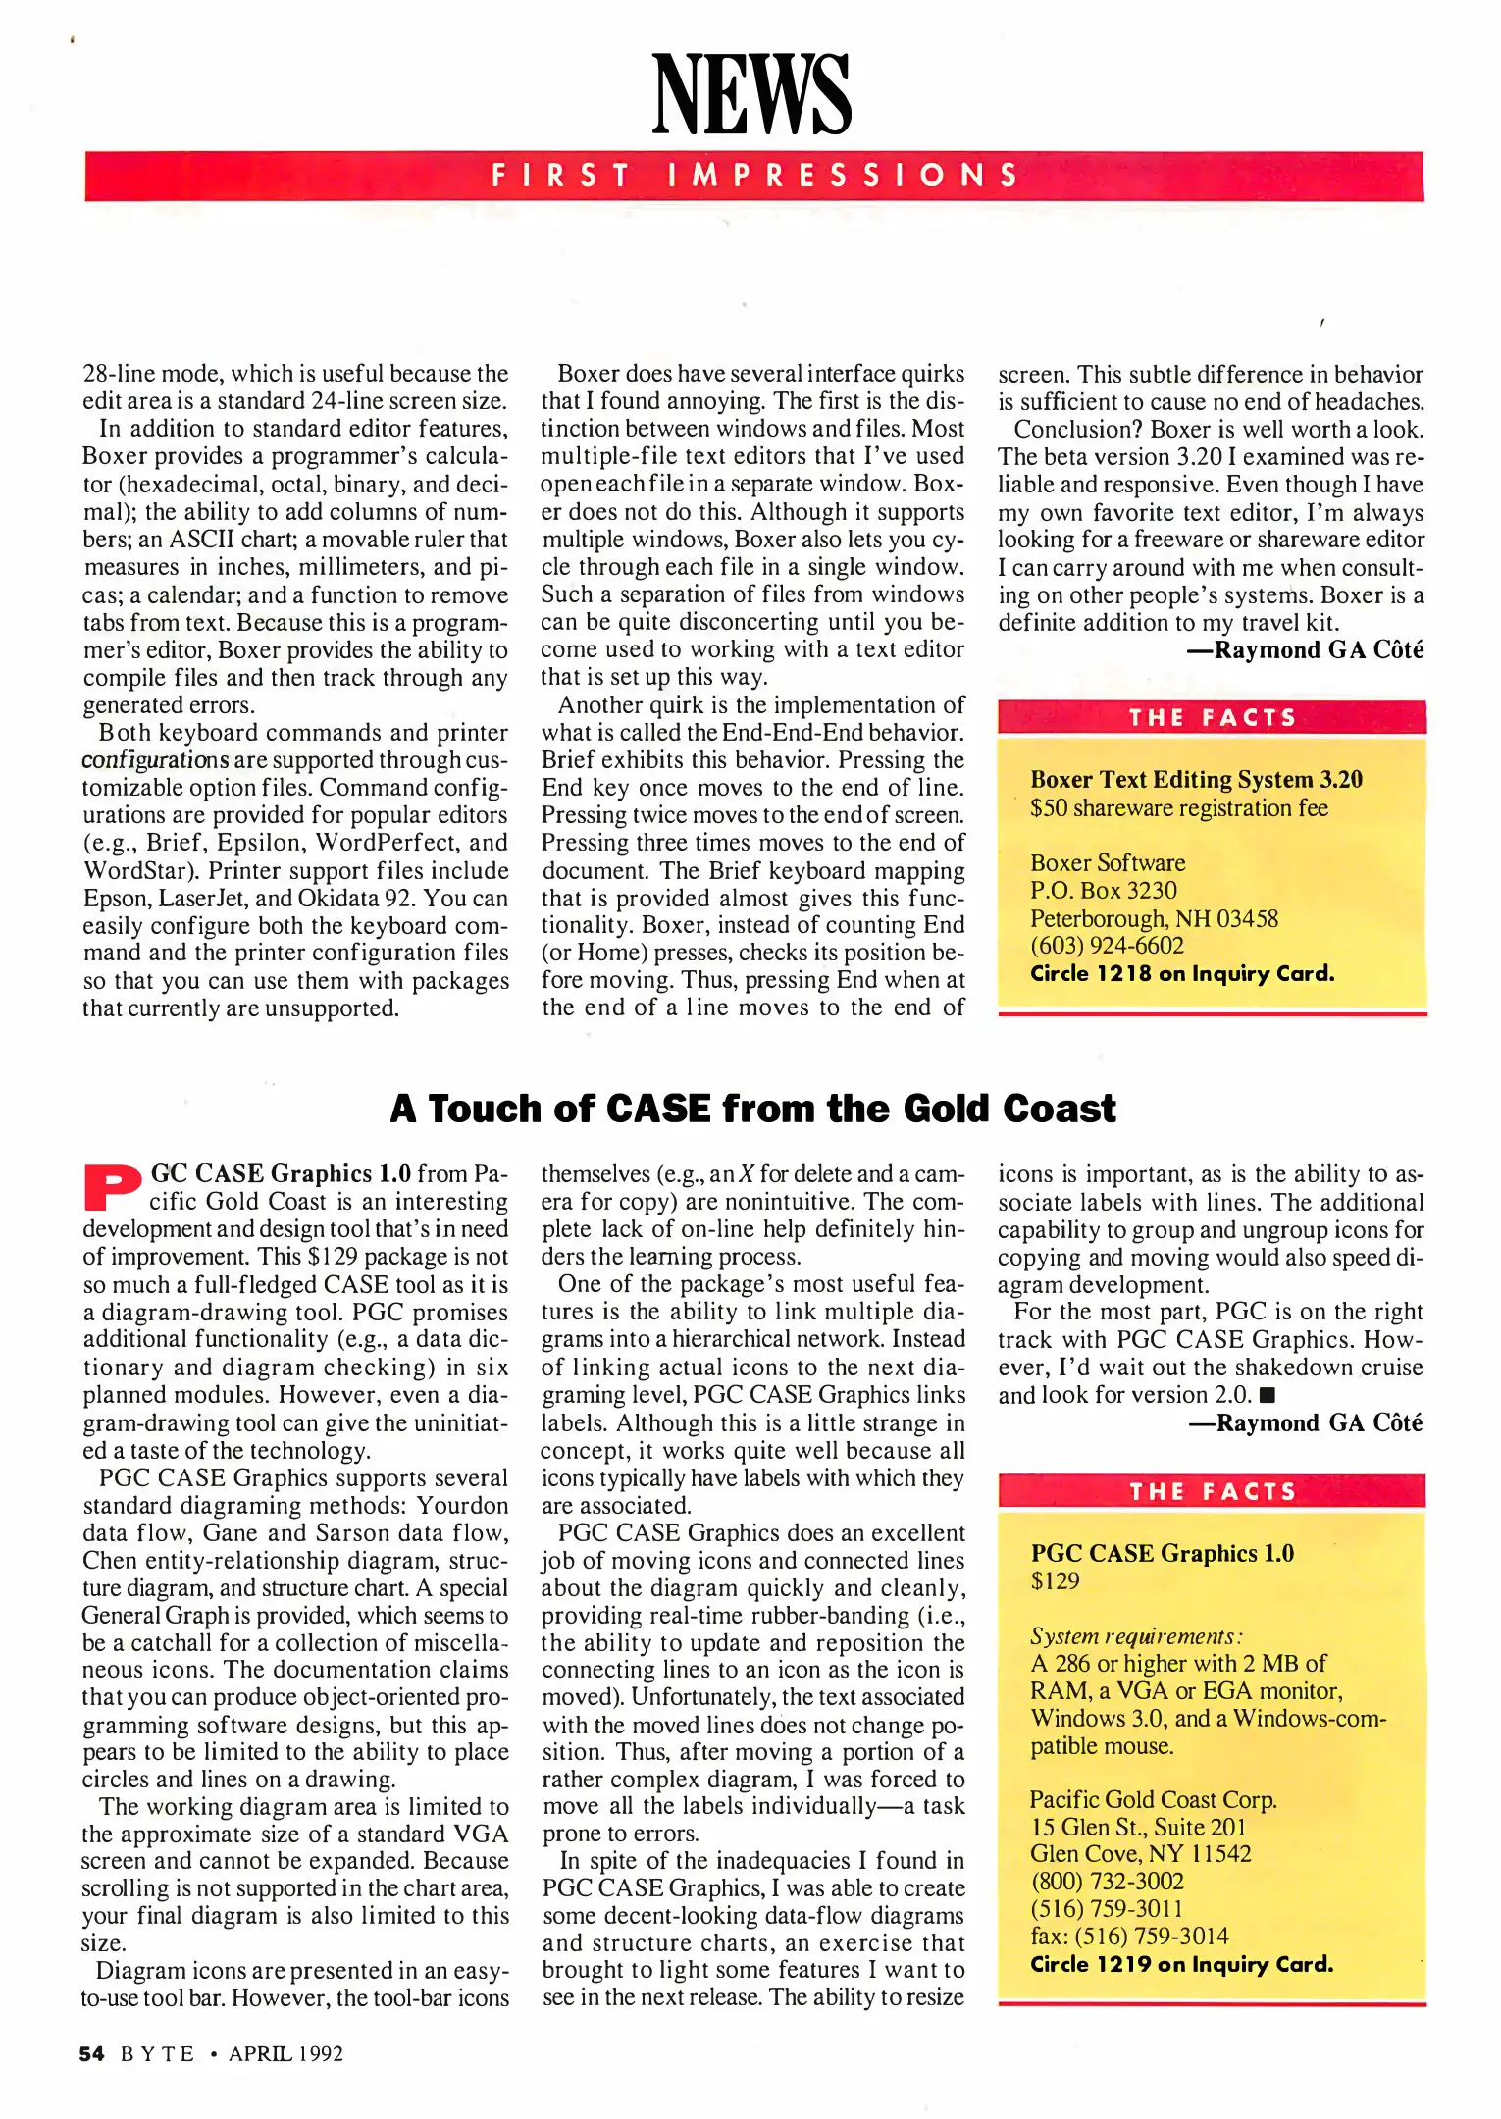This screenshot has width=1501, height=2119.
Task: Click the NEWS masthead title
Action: [x=751, y=95]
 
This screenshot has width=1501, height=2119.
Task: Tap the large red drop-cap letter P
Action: [x=113, y=1188]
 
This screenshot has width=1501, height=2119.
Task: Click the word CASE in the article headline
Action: [x=657, y=1110]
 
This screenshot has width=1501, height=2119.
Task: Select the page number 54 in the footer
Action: [x=91, y=2053]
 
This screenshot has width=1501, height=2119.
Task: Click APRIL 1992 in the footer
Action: [x=285, y=2053]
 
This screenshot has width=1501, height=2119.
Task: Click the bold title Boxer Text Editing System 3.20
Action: [x=1195, y=780]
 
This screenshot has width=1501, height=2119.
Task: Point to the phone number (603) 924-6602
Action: [x=1106, y=946]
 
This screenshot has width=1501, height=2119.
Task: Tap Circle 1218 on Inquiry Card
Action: [x=1181, y=974]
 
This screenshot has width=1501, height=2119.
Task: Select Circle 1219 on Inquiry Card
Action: [x=1181, y=1964]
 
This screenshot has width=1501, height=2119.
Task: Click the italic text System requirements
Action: [x=1135, y=1636]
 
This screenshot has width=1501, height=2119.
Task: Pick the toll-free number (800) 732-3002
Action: [x=1106, y=1881]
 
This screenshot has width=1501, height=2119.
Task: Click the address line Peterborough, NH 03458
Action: [x=1153, y=919]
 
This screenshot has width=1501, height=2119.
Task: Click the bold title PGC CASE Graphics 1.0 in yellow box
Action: [x=1162, y=1554]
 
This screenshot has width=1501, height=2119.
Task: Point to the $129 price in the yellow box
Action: [x=1055, y=1580]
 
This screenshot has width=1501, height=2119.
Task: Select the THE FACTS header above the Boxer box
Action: [x=1212, y=718]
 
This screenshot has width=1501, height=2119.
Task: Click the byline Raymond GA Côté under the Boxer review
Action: [x=1317, y=650]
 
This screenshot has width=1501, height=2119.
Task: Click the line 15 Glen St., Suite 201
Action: [x=1137, y=1827]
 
